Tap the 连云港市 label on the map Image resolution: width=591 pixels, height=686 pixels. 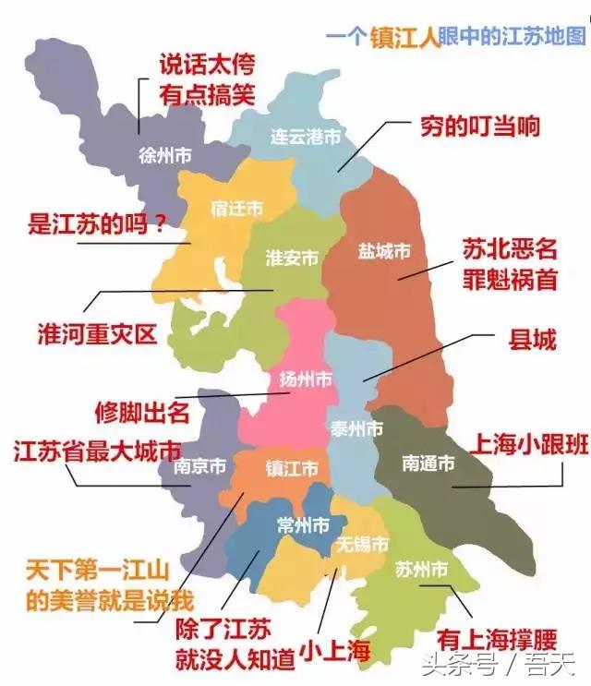coord(305,137)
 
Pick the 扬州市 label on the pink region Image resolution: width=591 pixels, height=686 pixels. coord(306,379)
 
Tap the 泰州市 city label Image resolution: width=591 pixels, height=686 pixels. coord(356,429)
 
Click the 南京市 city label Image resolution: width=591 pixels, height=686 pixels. coord(199,467)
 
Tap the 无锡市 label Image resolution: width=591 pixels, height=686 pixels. coord(363,541)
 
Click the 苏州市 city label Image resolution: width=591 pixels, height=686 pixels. coord(421,566)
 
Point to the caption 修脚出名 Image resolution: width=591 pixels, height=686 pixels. coord(142,412)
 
